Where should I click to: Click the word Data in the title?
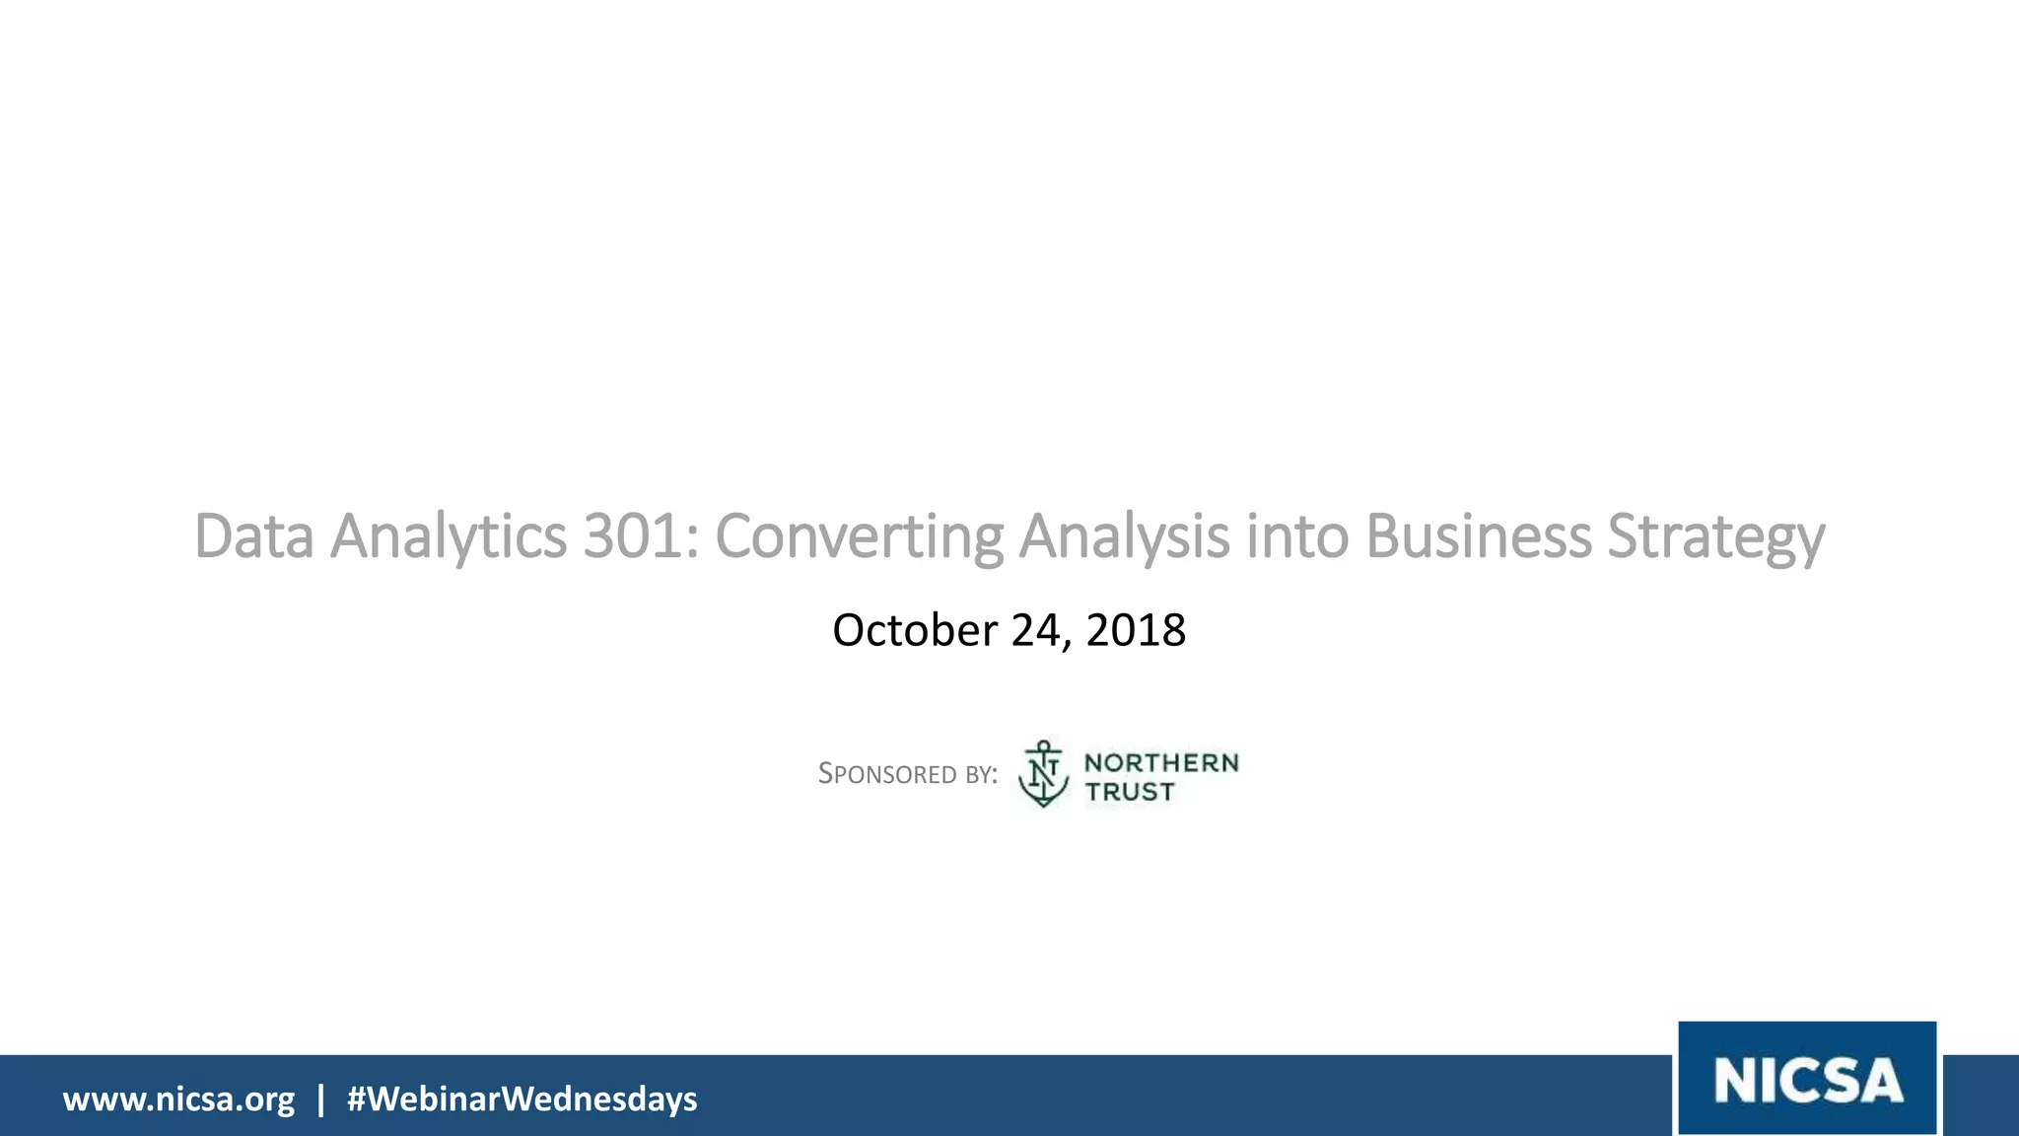[254, 536]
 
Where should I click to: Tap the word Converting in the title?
[859, 538]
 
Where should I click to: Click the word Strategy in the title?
[1716, 538]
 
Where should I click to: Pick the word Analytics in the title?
[449, 538]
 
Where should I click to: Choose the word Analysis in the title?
[1124, 538]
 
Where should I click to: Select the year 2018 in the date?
[1136, 630]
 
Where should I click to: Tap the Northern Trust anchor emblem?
[1043, 774]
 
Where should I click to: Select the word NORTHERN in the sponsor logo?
[1161, 762]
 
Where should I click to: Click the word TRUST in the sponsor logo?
[1130, 792]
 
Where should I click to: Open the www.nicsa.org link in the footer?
[178, 1099]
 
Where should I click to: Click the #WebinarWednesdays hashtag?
[522, 1099]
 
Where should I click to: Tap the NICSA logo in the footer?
[1807, 1079]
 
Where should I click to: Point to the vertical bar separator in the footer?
[320, 1099]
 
